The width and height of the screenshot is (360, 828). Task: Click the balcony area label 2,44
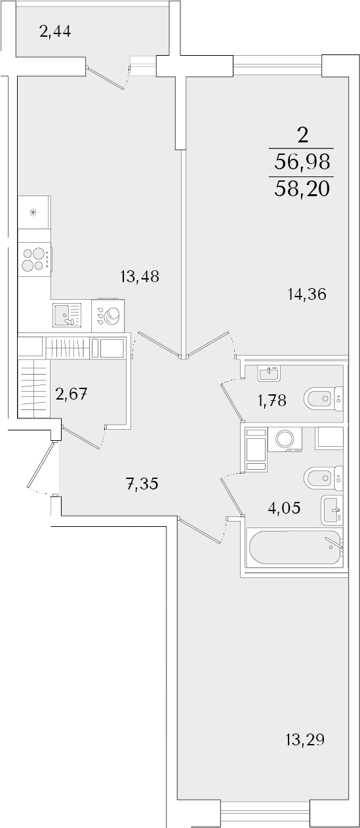(54, 32)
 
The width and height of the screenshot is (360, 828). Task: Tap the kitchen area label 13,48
(140, 276)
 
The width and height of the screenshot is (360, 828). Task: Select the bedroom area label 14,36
(307, 295)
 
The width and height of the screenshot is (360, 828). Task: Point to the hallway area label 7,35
(142, 484)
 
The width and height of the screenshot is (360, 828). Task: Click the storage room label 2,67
(71, 394)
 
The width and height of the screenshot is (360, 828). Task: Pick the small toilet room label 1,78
(272, 400)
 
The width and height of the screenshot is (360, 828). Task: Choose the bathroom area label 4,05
(284, 508)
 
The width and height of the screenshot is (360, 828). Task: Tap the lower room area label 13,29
(305, 739)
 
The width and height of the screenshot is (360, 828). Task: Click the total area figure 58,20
(302, 189)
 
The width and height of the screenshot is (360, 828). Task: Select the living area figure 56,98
(302, 162)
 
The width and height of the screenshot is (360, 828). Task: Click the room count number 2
(303, 136)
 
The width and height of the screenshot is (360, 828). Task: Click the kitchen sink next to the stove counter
(67, 314)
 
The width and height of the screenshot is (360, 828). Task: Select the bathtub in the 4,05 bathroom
(296, 547)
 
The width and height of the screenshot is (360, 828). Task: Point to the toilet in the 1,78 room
(323, 398)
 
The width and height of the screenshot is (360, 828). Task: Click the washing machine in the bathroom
(285, 440)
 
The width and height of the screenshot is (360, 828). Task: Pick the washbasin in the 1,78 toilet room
(270, 373)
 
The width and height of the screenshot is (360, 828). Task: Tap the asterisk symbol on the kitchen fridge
(33, 213)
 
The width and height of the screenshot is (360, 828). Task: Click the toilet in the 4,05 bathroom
(323, 478)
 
